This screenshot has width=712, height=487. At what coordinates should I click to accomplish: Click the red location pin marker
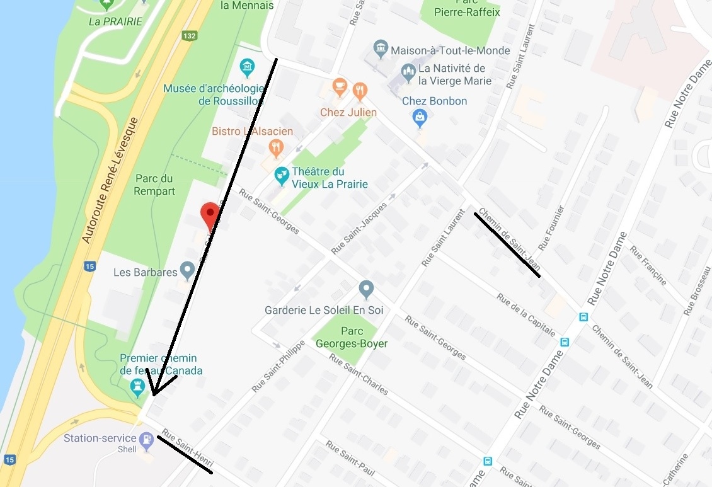pos(210,217)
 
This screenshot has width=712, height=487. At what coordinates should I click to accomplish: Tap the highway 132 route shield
pos(189,36)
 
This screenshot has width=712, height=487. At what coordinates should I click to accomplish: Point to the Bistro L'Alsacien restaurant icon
pos(276,148)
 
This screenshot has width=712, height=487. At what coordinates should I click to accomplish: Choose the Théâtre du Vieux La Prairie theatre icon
pos(282,175)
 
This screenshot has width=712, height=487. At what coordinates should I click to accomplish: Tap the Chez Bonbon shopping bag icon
pos(419,117)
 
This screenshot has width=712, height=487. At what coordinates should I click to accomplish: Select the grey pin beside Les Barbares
pos(187,270)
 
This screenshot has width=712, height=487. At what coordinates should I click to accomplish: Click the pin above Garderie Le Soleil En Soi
pos(366,289)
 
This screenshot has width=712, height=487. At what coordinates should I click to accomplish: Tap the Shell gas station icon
pos(146,439)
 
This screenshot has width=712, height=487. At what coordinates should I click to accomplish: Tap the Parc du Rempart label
pos(154,185)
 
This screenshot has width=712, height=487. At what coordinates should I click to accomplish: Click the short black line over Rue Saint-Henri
pos(185,454)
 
